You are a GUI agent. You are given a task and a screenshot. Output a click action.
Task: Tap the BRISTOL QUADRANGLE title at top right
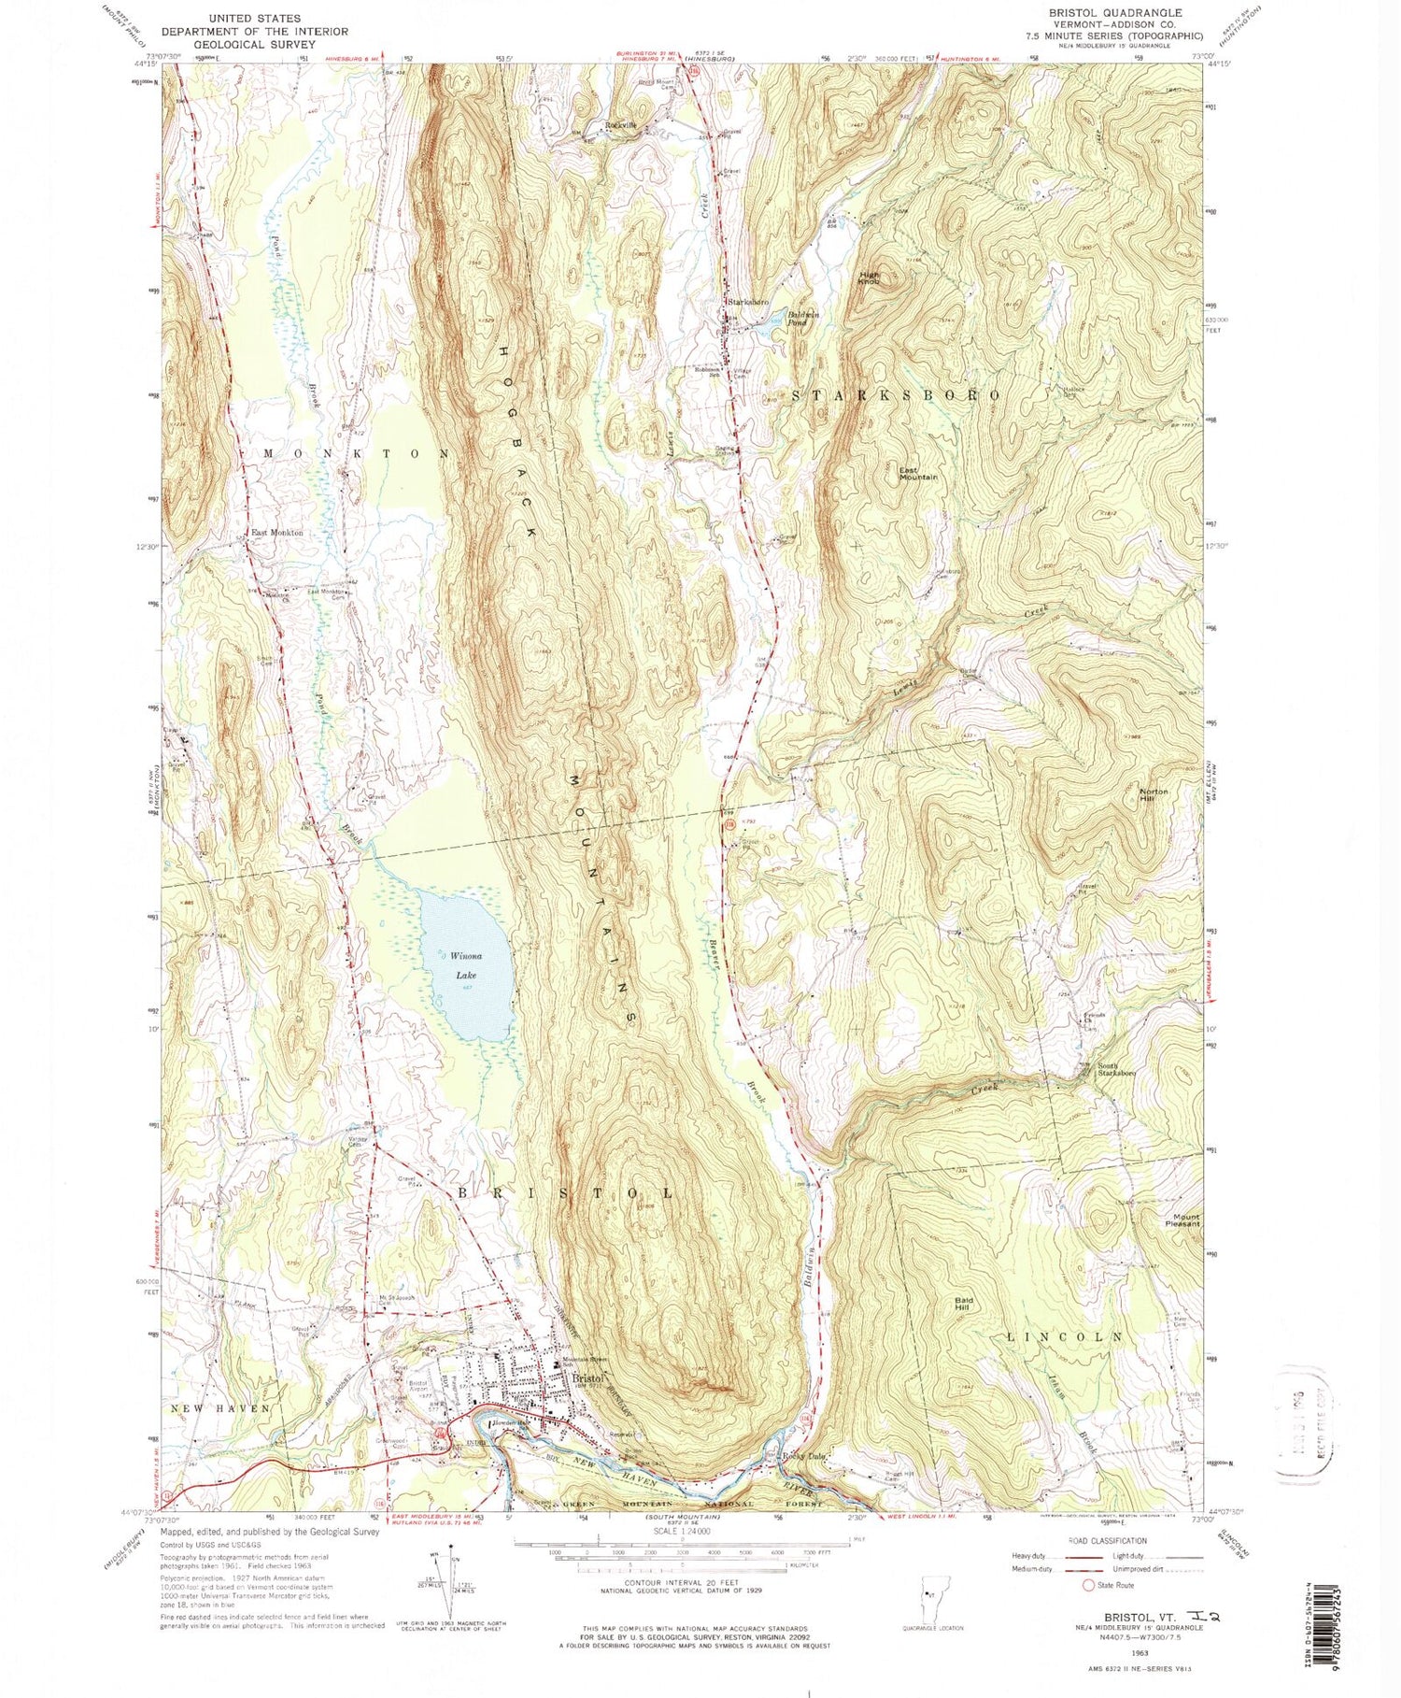click(1103, 13)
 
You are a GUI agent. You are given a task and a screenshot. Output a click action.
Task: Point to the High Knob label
click(870, 278)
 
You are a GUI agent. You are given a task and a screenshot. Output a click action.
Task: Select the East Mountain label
click(918, 473)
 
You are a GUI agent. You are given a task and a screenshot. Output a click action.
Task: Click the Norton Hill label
click(1154, 796)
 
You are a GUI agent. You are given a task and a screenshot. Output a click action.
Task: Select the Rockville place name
click(620, 125)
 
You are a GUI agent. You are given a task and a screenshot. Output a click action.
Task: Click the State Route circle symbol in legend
click(1087, 1585)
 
